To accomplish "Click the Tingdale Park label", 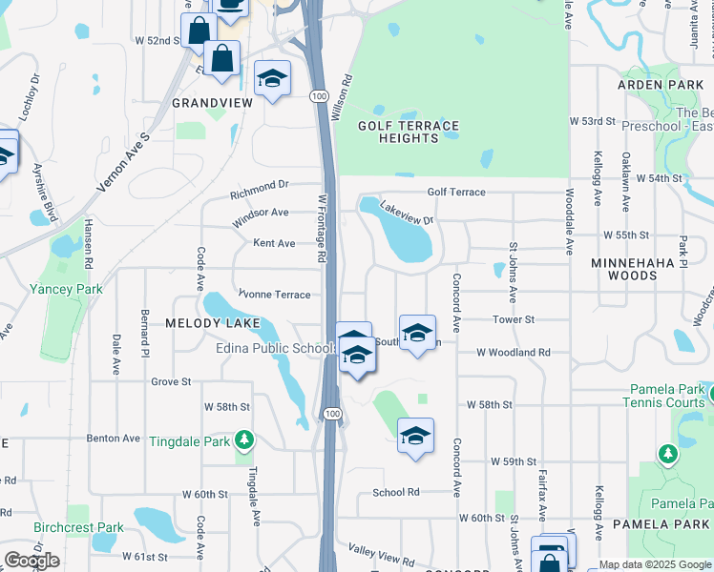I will pyautogui.click(x=190, y=440).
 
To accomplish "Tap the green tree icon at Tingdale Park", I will pyautogui.click(x=244, y=439).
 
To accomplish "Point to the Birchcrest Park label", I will pyautogui.click(x=78, y=527).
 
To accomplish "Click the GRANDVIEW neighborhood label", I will pyautogui.click(x=211, y=102).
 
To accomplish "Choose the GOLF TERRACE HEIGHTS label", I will pyautogui.click(x=408, y=132).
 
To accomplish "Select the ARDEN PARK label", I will pyautogui.click(x=660, y=85).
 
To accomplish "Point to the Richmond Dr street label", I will pyautogui.click(x=259, y=184).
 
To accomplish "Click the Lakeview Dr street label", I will pyautogui.click(x=407, y=213).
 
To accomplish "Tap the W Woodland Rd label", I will pyautogui.click(x=514, y=353).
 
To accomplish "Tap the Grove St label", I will pyautogui.click(x=171, y=381).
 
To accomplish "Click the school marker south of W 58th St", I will pyautogui.click(x=415, y=436).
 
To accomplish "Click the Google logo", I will pyautogui.click(x=31, y=561).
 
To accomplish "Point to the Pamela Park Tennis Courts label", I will pyautogui.click(x=667, y=397).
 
